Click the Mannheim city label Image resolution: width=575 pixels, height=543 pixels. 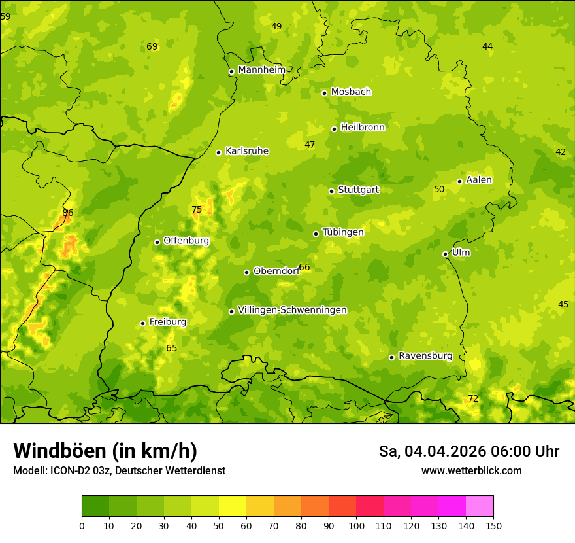261,70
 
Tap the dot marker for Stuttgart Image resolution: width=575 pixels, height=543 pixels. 331,191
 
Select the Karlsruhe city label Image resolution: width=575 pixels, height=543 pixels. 246,151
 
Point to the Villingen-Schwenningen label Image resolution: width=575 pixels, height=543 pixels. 292,310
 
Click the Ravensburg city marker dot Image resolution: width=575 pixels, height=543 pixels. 391,357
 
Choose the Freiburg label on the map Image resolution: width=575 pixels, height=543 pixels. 167,322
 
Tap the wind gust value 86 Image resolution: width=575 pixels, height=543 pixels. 68,213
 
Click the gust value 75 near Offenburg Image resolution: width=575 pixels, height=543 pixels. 197,210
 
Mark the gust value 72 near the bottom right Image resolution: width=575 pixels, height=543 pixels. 473,399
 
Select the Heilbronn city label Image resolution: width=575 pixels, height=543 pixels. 363,128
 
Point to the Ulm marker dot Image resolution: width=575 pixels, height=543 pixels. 445,254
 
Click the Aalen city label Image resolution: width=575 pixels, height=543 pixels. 479,180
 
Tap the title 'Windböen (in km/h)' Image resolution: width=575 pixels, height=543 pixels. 105,451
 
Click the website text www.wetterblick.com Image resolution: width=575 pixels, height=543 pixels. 471,470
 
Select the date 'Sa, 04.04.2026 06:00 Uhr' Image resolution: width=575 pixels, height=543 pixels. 468,451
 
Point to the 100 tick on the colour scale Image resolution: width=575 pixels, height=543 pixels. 356,525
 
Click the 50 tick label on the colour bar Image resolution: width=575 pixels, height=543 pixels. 219,525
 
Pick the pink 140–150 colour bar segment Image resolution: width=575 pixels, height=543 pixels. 480,506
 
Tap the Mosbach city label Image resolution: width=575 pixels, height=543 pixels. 350,92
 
